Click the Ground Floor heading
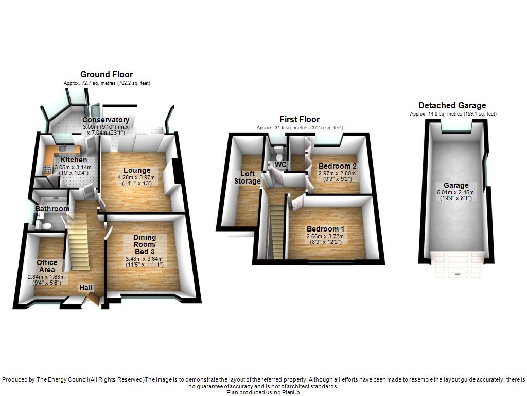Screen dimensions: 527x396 click(107, 75)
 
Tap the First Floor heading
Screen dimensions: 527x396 click(300, 120)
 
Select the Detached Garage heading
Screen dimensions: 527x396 click(452, 106)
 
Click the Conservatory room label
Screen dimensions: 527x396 click(106, 120)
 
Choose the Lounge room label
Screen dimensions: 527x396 click(137, 171)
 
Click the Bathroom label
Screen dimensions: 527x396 click(52, 209)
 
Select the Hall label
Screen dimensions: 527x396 click(86, 288)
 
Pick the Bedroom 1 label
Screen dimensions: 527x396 click(326, 229)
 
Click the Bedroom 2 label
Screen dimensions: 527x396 click(338, 166)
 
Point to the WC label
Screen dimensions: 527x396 click(280, 164)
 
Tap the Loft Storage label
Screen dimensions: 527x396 click(247, 177)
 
